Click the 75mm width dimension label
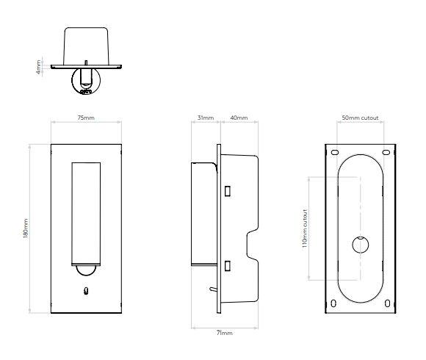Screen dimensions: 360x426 click(x=85, y=118)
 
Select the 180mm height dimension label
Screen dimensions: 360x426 click(x=26, y=227)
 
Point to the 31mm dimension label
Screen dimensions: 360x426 click(x=206, y=118)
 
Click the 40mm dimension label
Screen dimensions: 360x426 click(x=239, y=118)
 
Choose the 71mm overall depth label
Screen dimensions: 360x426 click(x=225, y=333)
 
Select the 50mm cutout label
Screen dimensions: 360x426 click(x=361, y=118)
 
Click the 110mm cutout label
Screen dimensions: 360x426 click(x=304, y=228)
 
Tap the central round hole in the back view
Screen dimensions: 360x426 click(x=360, y=243)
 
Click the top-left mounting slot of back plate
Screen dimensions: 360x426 click(x=335, y=152)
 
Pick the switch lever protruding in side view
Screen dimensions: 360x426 click(x=211, y=292)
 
